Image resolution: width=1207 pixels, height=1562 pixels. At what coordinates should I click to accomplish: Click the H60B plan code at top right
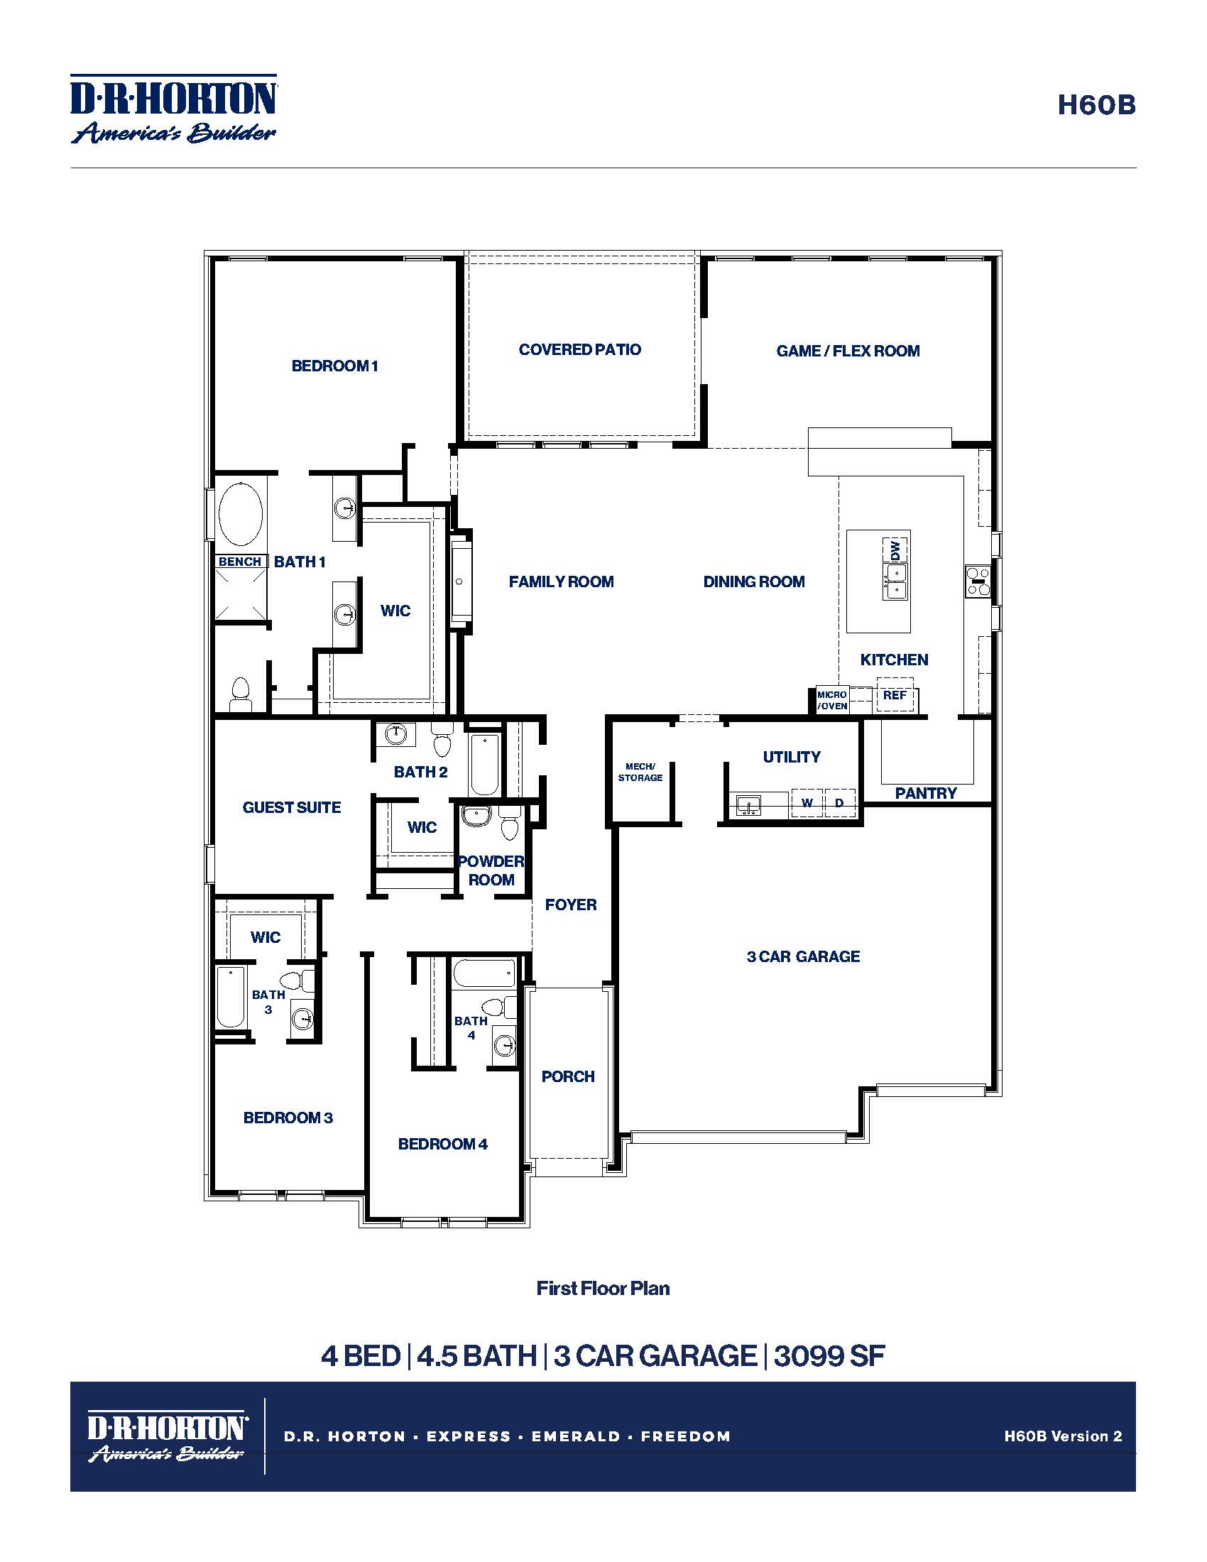pos(1096,105)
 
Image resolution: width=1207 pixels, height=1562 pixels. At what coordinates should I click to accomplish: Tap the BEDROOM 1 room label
pos(334,366)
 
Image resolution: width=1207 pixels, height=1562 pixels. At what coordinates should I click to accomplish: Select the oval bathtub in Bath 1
pos(240,513)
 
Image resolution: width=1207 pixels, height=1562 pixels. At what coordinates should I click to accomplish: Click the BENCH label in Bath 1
pos(239,562)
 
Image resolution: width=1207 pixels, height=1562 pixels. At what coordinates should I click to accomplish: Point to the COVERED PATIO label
pos(580,350)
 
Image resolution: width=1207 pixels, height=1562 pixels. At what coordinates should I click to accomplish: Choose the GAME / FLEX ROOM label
pos(848,351)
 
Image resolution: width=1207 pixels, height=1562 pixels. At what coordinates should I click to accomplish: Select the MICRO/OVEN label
pos(832,700)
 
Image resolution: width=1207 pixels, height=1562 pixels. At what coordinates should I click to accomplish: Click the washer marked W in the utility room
pos(807,802)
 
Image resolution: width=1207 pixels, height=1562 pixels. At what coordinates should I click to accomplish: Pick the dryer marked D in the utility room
pos(839,802)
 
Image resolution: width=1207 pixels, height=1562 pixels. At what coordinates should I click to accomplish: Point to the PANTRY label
pos(926,793)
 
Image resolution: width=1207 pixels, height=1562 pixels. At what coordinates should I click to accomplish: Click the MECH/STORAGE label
pos(640,772)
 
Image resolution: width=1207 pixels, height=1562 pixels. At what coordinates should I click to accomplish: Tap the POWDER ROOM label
pos(491,870)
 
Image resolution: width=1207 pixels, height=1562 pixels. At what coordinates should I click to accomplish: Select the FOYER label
pos(571,905)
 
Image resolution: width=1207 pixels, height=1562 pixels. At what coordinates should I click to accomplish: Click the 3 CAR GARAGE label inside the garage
pos(803,956)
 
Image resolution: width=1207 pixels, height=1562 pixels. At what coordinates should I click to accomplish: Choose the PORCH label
pos(568,1076)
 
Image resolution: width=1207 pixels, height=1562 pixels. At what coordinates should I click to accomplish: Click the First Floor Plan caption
pos(603,1288)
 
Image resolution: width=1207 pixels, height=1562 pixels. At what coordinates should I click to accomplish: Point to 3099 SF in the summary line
pos(829,1355)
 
